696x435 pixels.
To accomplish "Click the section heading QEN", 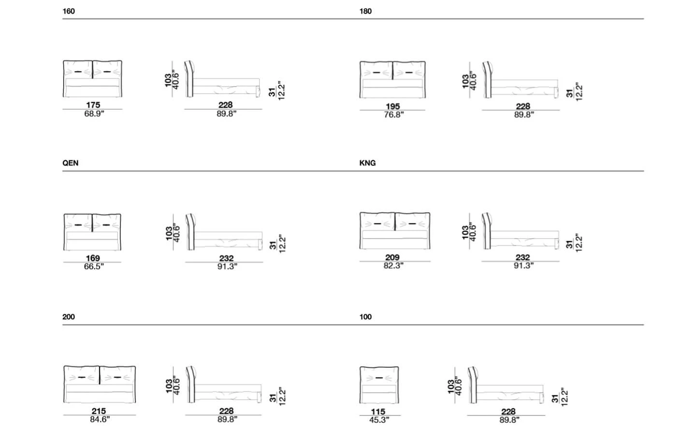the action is click(70, 163).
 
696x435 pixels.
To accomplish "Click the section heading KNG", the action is click(367, 163).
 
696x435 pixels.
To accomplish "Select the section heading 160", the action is click(69, 11).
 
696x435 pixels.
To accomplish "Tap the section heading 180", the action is click(365, 11).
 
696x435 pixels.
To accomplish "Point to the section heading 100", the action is click(365, 317).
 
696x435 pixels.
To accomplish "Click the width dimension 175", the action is click(93, 105).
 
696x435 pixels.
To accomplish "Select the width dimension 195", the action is click(393, 106).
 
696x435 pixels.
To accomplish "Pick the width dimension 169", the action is click(93, 258).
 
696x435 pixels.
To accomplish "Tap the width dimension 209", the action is click(392, 258).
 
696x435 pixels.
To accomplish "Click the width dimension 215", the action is click(99, 411).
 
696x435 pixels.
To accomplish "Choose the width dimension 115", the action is click(378, 412).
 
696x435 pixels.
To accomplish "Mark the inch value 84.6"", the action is click(100, 420).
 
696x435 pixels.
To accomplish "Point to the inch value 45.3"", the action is click(379, 420).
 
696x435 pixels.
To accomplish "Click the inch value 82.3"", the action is click(393, 266).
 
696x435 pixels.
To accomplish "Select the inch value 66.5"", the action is click(94, 267).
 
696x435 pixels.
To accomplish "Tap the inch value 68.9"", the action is click(94, 114).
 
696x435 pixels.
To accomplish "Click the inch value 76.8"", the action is click(393, 115).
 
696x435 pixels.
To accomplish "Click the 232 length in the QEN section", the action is click(226, 258).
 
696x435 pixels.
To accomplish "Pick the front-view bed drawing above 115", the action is click(379, 385).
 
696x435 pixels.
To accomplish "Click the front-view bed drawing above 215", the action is click(100, 384).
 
